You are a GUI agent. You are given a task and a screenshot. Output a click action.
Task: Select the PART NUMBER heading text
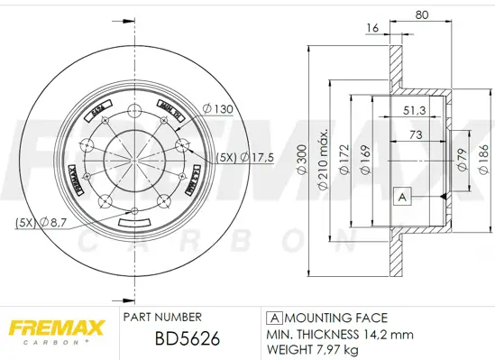[x=162, y=318]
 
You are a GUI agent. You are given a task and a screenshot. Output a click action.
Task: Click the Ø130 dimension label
[x=218, y=109]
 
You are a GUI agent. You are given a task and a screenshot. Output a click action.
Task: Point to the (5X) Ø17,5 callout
[x=246, y=157]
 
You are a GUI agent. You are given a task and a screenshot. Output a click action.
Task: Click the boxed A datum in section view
[x=402, y=196]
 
